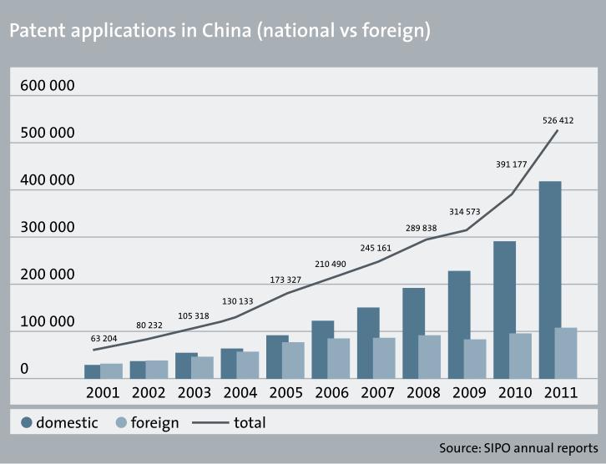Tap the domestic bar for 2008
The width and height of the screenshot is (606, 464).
[414, 333]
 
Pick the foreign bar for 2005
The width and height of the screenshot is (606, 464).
[293, 360]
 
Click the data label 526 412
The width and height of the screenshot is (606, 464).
[558, 121]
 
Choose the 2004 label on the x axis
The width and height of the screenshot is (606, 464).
[240, 392]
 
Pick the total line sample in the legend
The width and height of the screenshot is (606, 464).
[210, 423]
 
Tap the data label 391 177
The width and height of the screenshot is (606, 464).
[510, 164]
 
